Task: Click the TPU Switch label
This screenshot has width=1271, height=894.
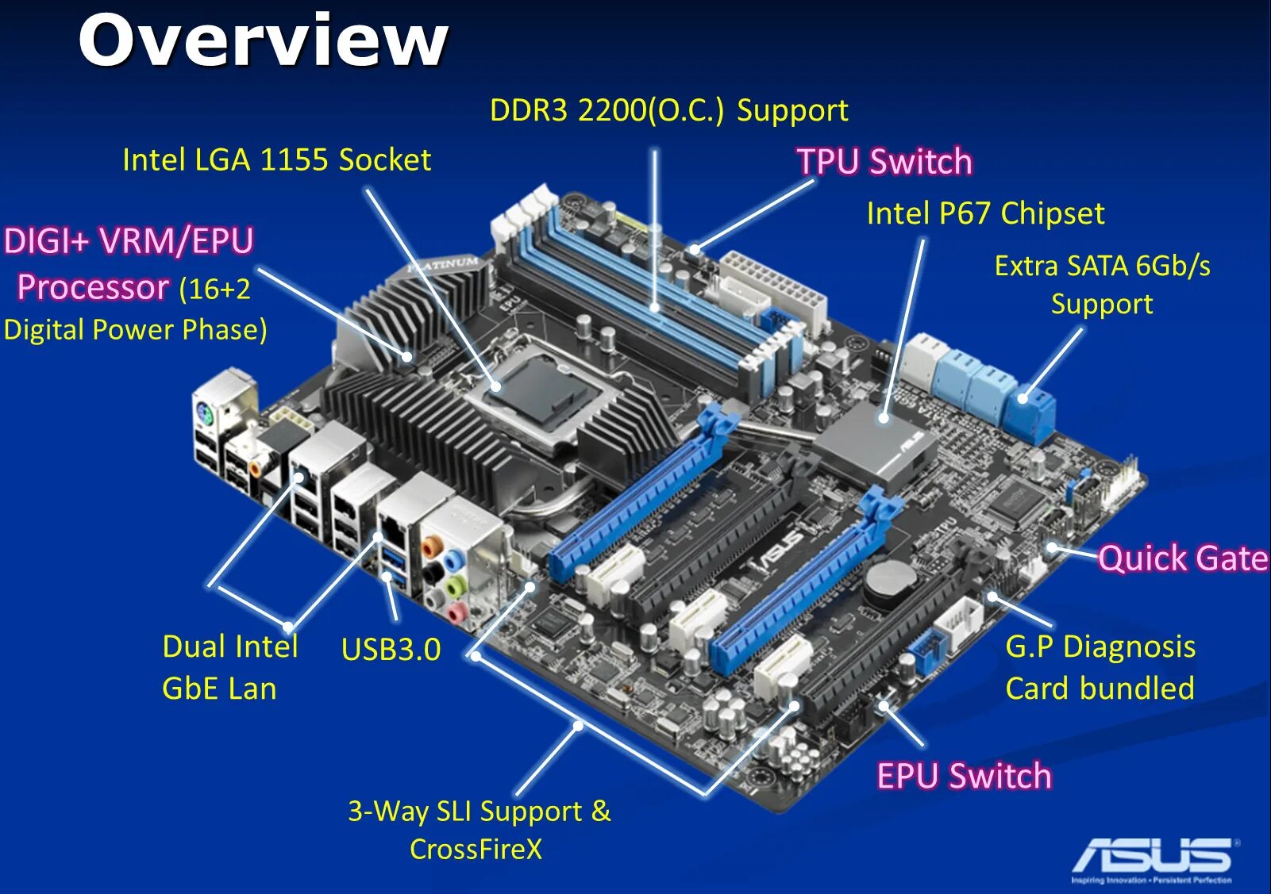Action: (x=884, y=161)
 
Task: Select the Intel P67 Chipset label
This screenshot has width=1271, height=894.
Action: (x=984, y=213)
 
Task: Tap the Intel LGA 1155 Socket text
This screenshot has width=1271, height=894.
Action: (x=276, y=160)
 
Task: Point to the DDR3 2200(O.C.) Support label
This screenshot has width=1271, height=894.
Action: (x=668, y=110)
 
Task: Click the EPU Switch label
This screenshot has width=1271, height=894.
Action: (x=964, y=776)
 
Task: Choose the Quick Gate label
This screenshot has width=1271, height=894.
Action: (x=1183, y=558)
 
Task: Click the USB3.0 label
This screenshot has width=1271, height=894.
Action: (x=391, y=650)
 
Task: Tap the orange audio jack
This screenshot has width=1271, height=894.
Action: (x=431, y=546)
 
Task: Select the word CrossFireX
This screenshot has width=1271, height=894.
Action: (x=476, y=850)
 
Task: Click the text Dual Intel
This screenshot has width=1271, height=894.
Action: (x=230, y=647)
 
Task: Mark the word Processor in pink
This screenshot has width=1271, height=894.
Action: (x=93, y=287)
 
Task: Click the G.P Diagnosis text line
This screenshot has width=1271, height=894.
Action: (x=1100, y=647)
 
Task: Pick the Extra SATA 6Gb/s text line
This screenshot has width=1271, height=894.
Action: (x=1102, y=266)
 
